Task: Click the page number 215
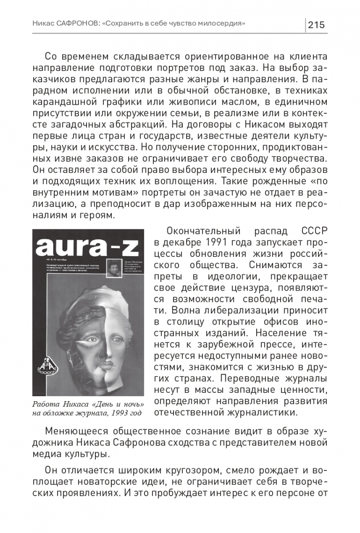point(317,25)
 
